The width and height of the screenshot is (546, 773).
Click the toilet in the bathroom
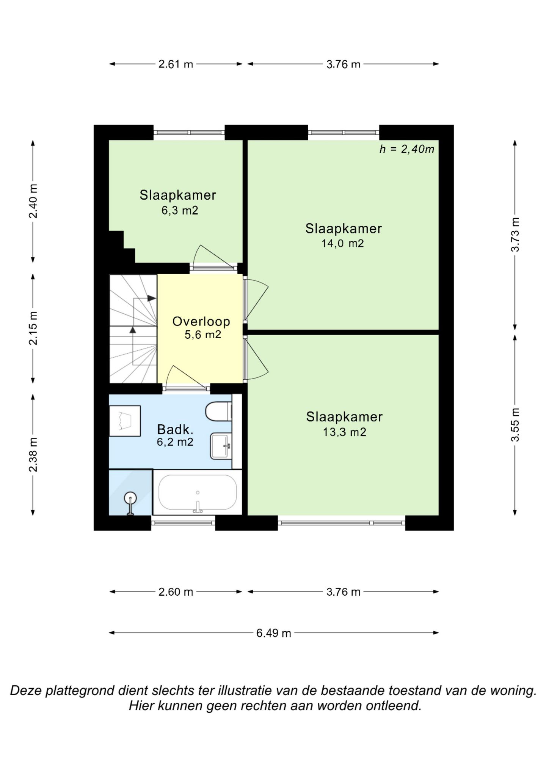click(218, 411)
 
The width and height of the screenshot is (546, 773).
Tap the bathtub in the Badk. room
click(197, 492)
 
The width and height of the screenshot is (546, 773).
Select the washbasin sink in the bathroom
click(221, 446)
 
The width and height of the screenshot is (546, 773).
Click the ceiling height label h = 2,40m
click(407, 149)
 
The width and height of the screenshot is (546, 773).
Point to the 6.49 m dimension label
click(274, 633)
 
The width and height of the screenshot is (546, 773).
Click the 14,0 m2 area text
click(343, 243)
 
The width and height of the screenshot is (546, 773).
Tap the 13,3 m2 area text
click(344, 432)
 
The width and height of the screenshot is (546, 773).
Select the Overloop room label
click(201, 321)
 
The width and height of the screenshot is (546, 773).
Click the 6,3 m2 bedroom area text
click(180, 210)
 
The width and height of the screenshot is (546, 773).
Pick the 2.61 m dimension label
click(176, 64)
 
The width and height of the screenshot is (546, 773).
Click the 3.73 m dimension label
click(515, 235)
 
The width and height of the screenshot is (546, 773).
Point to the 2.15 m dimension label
click(33, 328)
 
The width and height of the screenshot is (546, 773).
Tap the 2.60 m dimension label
click(176, 592)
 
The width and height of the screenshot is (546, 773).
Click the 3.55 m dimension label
click(515, 425)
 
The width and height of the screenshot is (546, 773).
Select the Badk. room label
click(175, 429)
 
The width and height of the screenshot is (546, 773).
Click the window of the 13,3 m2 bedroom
click(341, 523)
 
